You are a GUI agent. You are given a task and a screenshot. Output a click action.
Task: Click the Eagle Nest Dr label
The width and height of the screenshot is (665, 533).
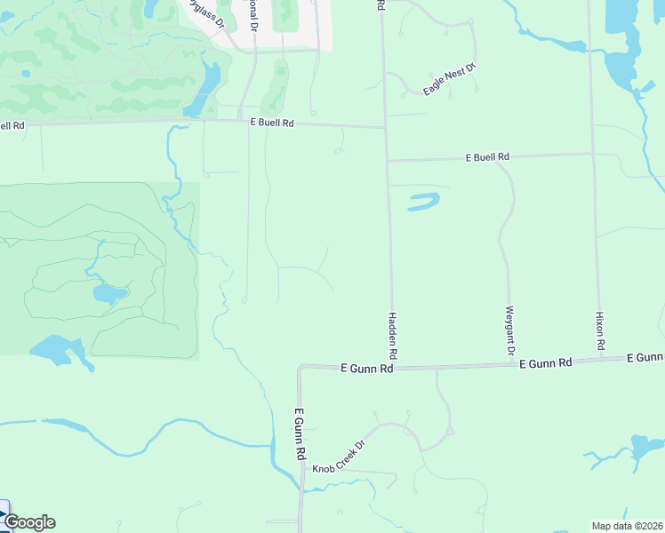[450, 77]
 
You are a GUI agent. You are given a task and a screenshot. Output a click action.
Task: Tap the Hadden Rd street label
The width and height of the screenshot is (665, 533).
[392, 336]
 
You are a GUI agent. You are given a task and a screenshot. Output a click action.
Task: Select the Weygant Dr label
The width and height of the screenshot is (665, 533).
[510, 331]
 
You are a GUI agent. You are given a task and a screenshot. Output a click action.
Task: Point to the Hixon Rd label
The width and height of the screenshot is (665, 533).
[600, 330]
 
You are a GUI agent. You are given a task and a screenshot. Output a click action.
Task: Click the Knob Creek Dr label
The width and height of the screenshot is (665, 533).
[338, 456]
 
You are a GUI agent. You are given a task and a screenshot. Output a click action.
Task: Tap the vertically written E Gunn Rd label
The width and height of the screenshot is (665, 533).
[300, 434]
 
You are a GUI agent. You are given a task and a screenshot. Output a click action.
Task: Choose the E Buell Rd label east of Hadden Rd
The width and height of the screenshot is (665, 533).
[487, 157]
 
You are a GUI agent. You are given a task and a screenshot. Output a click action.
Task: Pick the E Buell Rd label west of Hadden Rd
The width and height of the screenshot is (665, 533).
[271, 123]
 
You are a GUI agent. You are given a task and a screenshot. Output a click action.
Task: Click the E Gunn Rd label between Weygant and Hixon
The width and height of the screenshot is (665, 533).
[546, 362]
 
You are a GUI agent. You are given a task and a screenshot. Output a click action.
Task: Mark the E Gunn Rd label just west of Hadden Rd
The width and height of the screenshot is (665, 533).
[367, 367]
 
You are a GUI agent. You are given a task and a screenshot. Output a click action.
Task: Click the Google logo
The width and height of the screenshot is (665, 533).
[28, 522]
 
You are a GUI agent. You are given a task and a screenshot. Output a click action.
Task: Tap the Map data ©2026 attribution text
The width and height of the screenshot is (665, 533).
[628, 526]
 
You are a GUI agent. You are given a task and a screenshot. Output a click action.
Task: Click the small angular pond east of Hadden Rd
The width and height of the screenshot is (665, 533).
[424, 202]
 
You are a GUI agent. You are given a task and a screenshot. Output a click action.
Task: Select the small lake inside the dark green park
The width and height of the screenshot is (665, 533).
[108, 293]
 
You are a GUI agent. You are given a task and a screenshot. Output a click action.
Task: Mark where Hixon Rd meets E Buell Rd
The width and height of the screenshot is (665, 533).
[593, 153]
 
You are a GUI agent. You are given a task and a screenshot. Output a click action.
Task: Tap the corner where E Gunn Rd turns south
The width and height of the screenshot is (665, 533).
[301, 367]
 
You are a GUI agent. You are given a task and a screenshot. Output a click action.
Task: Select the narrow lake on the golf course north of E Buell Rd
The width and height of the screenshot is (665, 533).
[207, 86]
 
